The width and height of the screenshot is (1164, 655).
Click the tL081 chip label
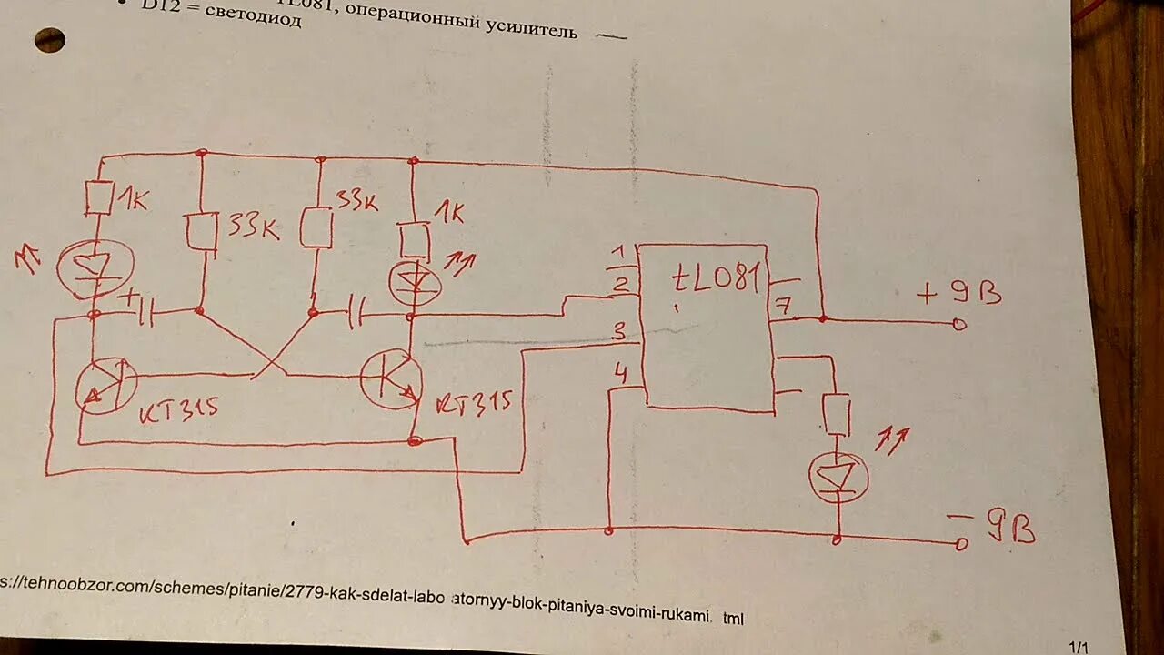[716, 279]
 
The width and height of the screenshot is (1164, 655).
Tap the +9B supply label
[960, 293]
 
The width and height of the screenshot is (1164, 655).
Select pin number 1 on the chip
[618, 252]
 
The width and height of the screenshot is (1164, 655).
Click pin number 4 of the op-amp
[620, 373]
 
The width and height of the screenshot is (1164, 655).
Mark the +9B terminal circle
[958, 324]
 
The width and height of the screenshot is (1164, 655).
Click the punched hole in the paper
[49, 40]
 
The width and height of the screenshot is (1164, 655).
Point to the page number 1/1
[1079, 647]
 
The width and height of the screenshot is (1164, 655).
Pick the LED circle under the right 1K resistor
[415, 282]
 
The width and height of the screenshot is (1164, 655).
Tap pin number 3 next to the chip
[618, 333]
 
